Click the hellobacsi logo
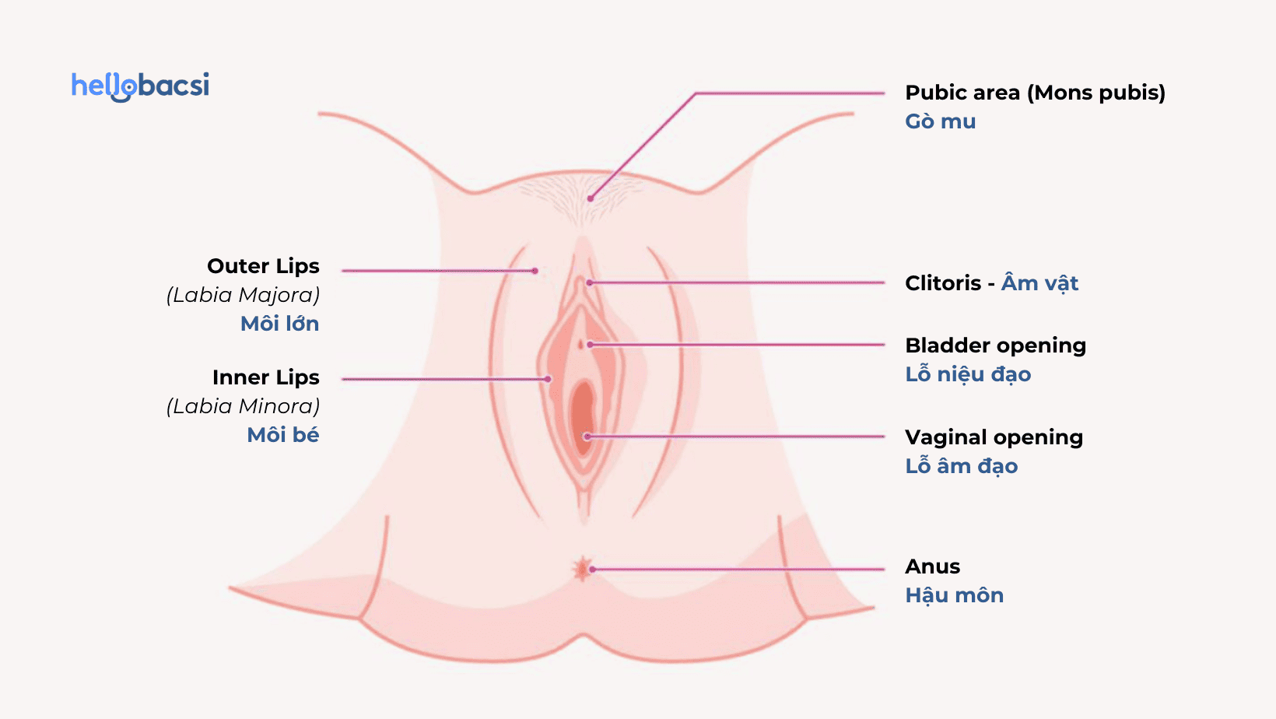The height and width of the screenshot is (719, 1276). click(140, 86)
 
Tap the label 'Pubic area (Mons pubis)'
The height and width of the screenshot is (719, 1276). click(1035, 93)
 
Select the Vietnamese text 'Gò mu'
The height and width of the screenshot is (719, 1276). click(940, 121)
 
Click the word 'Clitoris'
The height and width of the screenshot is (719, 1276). click(943, 283)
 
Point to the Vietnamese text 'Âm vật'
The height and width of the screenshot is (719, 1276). click(1039, 283)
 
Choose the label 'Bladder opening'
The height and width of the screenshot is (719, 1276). click(995, 345)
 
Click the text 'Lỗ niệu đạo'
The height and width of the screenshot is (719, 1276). click(968, 374)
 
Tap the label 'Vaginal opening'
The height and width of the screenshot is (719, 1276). click(994, 437)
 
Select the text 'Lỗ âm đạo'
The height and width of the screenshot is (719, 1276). click(961, 466)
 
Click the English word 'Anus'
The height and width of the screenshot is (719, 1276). click(932, 566)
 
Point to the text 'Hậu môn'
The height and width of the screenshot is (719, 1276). click(954, 595)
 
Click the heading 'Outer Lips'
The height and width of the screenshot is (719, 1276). click(263, 266)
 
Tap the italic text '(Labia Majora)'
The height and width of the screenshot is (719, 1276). click(243, 295)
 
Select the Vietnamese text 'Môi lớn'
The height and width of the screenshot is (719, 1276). click(279, 324)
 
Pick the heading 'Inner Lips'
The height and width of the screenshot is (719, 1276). click(265, 377)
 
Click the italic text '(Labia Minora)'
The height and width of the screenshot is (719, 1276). click(243, 406)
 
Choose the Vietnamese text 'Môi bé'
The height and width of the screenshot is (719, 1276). click(282, 435)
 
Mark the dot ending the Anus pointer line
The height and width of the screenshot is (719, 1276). click(592, 570)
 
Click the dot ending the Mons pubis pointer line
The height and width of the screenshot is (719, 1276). click(591, 198)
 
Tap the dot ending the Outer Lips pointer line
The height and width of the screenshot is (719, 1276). click(535, 271)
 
